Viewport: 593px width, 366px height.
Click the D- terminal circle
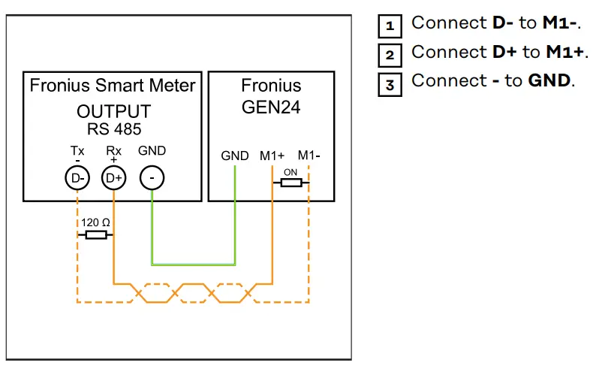(78, 178)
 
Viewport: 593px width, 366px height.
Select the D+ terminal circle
(113, 178)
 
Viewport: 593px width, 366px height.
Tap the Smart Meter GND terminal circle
(152, 178)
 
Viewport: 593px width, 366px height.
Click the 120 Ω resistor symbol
(95, 235)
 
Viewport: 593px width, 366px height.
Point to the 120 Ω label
(95, 222)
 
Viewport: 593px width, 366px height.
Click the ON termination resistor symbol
(290, 182)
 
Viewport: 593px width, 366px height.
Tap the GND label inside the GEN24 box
(235, 156)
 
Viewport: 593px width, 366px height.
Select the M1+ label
(272, 156)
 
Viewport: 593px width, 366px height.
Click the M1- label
(309, 156)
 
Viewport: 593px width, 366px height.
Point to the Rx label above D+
(113, 151)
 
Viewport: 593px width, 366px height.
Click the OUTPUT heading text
(113, 111)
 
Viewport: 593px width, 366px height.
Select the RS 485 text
(113, 129)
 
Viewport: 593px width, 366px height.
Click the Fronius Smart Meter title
(113, 85)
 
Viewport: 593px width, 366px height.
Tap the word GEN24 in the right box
(271, 107)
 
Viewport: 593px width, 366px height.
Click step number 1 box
(390, 26)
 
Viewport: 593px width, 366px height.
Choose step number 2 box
(390, 54)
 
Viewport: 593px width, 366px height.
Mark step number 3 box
(390, 83)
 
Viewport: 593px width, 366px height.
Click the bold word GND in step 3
(549, 80)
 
